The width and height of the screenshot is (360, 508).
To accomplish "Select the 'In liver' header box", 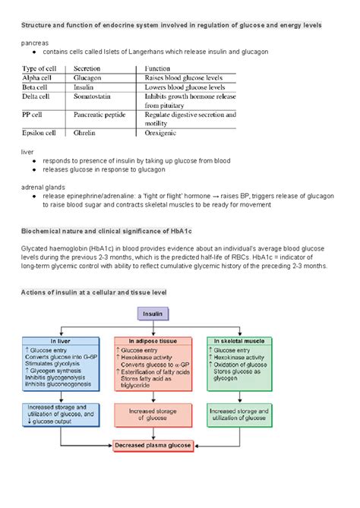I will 62,341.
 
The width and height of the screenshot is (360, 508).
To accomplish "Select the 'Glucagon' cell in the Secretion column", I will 89,77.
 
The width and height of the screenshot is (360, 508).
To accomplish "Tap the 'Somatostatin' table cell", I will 95,96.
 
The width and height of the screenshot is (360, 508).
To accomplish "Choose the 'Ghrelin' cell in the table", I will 86,133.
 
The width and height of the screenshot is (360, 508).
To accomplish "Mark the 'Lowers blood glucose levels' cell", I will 186,87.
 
